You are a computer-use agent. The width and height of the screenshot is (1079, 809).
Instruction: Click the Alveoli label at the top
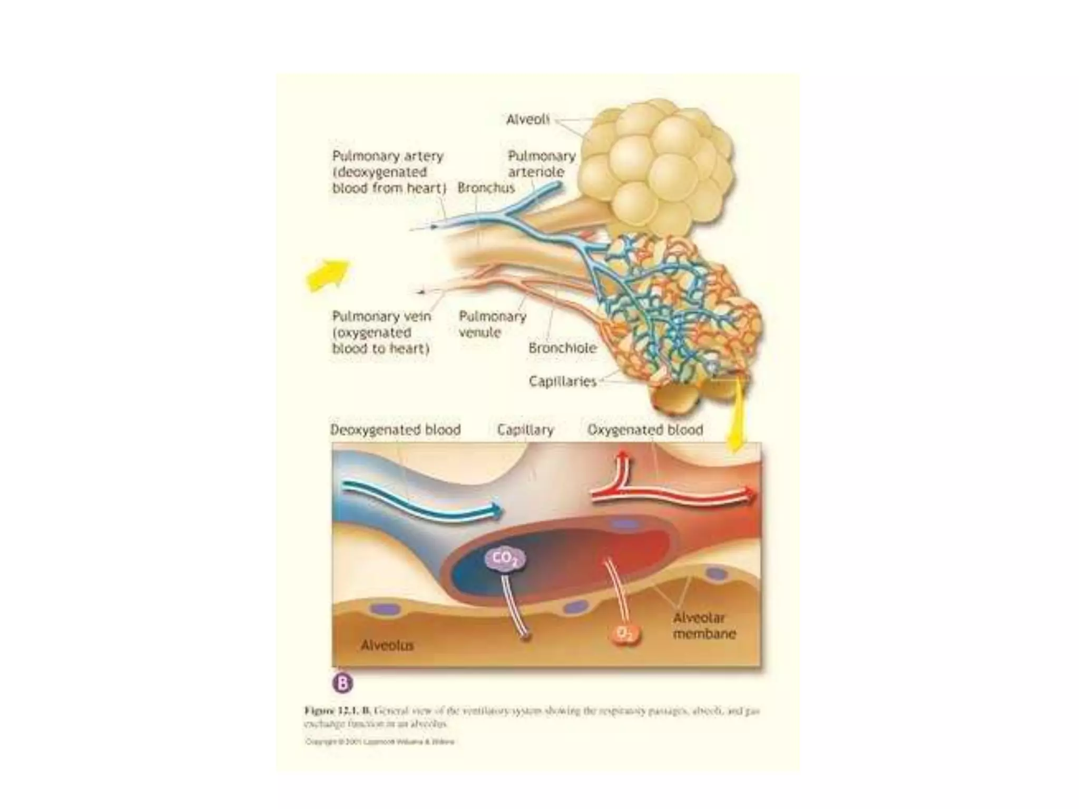pyautogui.click(x=527, y=120)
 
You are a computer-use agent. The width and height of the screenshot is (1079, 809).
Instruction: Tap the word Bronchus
pyautogui.click(x=486, y=188)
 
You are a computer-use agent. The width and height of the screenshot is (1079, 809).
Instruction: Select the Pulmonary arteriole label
pyautogui.click(x=541, y=164)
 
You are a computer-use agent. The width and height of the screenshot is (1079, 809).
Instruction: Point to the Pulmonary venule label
pyautogui.click(x=492, y=324)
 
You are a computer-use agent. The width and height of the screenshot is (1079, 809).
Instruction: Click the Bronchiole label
pyautogui.click(x=562, y=348)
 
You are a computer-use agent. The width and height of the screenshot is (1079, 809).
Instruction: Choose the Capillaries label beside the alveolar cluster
pyautogui.click(x=562, y=381)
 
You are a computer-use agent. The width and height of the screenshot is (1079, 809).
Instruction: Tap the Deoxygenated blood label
pyautogui.click(x=395, y=430)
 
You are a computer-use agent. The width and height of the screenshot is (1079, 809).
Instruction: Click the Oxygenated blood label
pyautogui.click(x=645, y=430)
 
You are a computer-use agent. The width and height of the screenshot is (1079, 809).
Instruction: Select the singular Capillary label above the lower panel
pyautogui.click(x=525, y=430)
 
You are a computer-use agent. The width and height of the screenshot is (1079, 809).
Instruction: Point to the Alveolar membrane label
pyautogui.click(x=703, y=626)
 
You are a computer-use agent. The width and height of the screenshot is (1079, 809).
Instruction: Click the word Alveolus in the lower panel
pyautogui.click(x=387, y=645)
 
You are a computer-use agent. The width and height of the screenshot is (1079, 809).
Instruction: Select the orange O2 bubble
pyautogui.click(x=625, y=634)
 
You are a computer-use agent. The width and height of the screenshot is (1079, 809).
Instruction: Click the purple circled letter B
pyautogui.click(x=342, y=683)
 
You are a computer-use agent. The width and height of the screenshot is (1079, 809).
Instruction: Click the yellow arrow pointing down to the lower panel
pyautogui.click(x=734, y=421)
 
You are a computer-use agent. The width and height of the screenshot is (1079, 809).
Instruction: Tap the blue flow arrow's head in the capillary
pyautogui.click(x=495, y=509)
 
